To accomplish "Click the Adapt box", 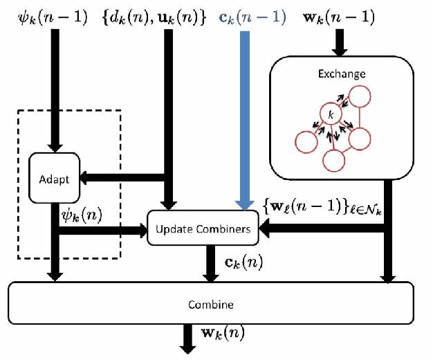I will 55,179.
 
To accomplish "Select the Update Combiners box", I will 203,228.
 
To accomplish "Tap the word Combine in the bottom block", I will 210,305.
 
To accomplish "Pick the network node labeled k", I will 331,113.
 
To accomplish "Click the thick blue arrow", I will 244,118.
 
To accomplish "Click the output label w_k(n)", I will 222,333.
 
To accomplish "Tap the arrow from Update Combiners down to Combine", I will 210,263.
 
